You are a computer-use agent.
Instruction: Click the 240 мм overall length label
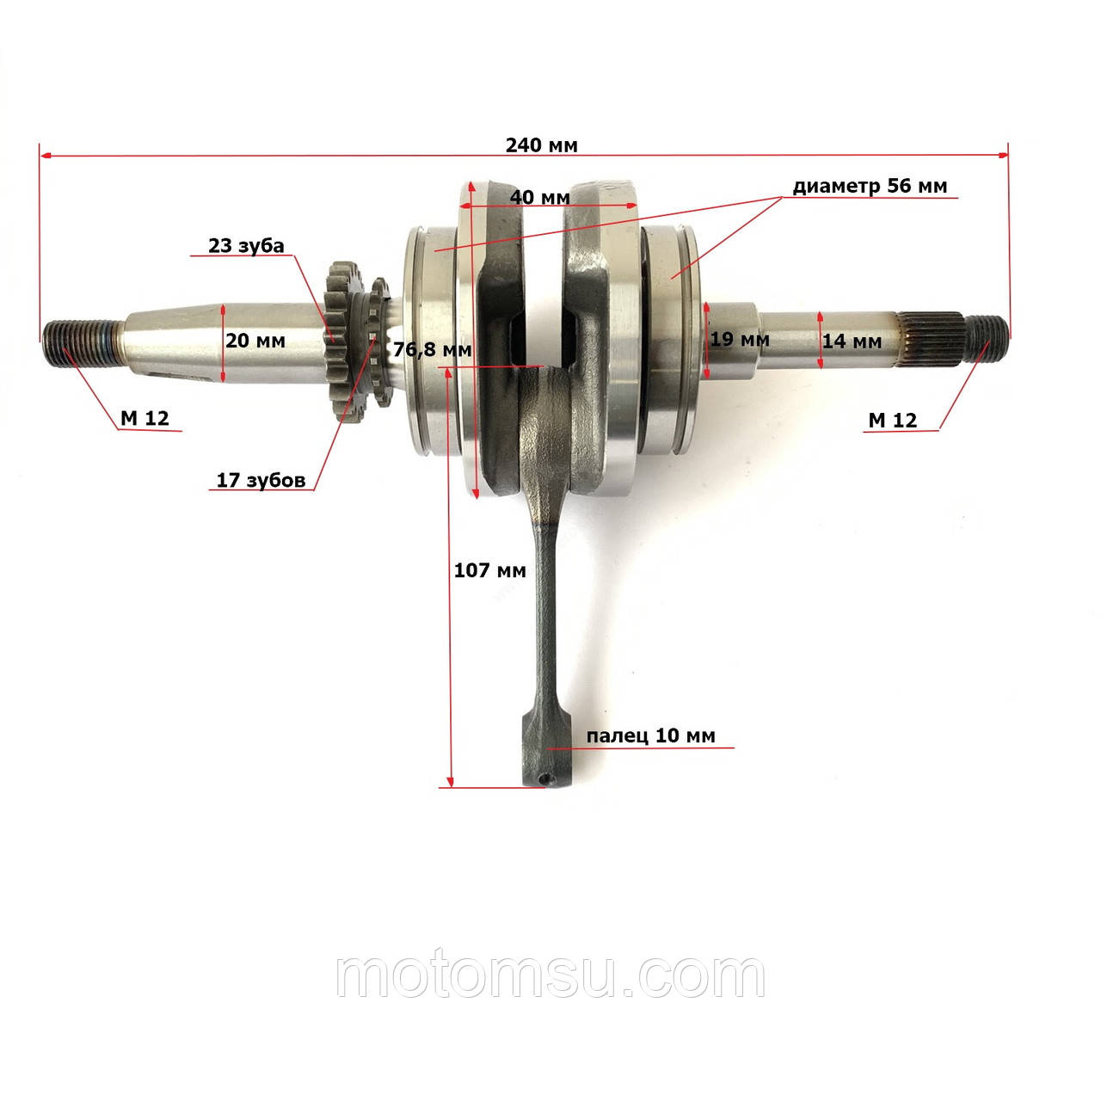tap(541, 145)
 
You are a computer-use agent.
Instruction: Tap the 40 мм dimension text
tap(539, 197)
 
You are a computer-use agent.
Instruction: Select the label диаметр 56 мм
tap(870, 186)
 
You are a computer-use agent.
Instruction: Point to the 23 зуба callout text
tap(246, 246)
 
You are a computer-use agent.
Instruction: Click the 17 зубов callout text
tap(261, 480)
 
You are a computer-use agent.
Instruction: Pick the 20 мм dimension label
tap(255, 341)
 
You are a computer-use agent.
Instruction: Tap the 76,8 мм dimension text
tap(432, 349)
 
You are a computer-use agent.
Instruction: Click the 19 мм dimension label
tap(740, 340)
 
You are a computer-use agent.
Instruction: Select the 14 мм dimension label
tap(852, 341)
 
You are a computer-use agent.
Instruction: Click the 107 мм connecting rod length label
tap(489, 569)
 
